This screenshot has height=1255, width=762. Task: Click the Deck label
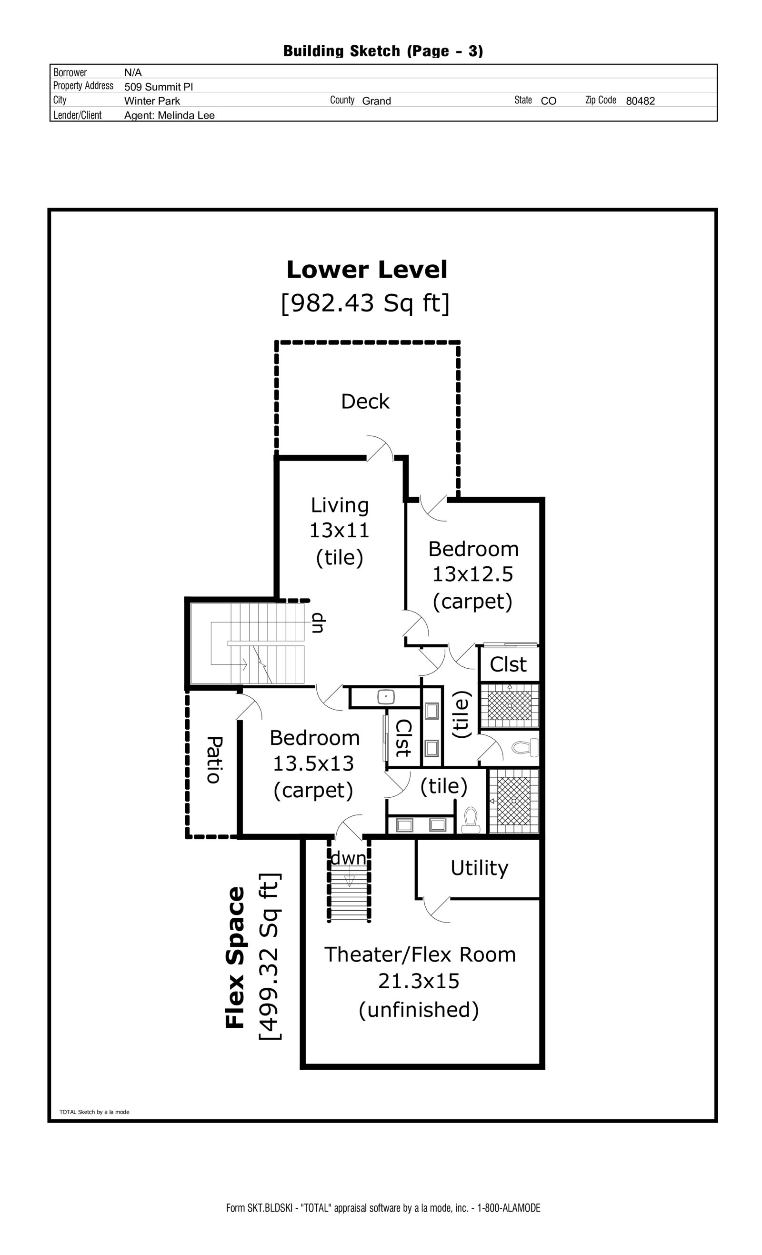pyautogui.click(x=365, y=402)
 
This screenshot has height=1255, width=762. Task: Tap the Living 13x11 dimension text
pyautogui.click(x=339, y=531)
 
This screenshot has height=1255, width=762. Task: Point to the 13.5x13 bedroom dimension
pyautogui.click(x=313, y=763)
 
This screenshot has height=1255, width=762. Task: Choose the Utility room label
pyautogui.click(x=479, y=868)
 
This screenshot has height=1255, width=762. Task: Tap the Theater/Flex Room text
pyautogui.click(x=420, y=954)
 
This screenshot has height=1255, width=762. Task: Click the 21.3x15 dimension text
pyautogui.click(x=419, y=981)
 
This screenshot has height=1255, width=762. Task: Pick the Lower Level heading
pyautogui.click(x=367, y=270)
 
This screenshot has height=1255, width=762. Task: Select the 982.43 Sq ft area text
pyautogui.click(x=366, y=303)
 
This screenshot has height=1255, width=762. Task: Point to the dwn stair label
pyautogui.click(x=349, y=858)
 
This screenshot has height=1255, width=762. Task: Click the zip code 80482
pyautogui.click(x=640, y=101)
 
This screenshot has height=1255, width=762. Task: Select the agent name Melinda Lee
pyautogui.click(x=170, y=116)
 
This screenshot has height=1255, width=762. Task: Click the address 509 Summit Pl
pyautogui.click(x=159, y=87)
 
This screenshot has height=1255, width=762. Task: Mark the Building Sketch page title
pyautogui.click(x=383, y=51)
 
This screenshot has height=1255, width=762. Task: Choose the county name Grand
pyautogui.click(x=376, y=101)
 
